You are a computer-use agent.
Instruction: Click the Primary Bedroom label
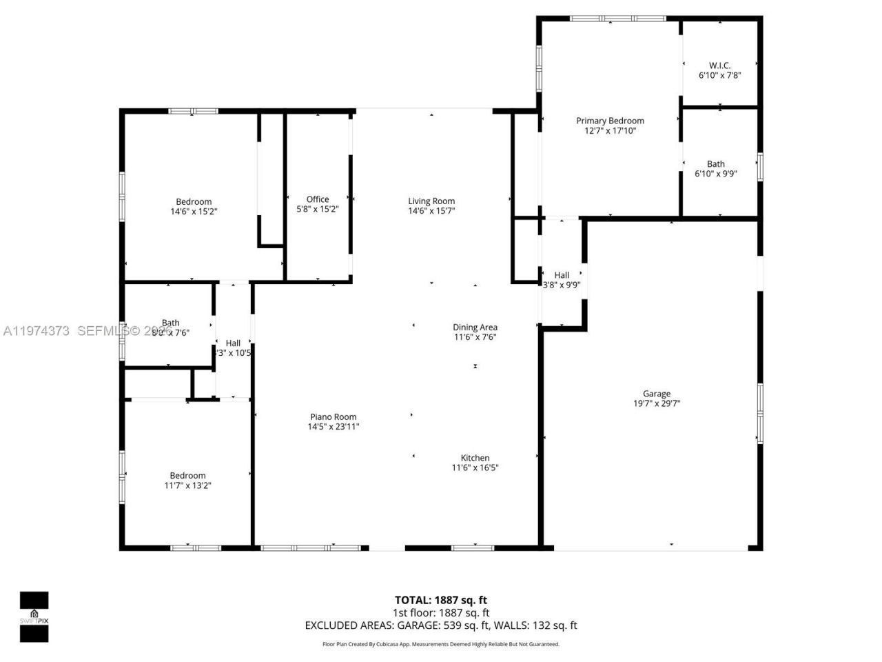610,121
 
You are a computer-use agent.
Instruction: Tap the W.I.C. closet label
719,66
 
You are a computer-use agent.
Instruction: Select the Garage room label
656,394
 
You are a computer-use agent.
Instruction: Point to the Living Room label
431,201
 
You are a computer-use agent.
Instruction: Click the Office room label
318,199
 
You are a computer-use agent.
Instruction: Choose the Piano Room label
334,417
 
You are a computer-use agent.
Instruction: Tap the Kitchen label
475,458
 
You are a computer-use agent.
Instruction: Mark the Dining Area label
475,328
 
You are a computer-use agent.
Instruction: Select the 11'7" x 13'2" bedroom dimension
187,485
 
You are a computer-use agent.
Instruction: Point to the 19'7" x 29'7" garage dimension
657,404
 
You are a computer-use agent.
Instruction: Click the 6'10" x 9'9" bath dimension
716,174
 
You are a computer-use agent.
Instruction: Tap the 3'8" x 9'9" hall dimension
562,285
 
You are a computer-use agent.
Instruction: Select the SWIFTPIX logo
34,616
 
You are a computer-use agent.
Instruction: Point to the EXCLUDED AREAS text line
440,625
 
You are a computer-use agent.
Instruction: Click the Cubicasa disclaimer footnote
440,644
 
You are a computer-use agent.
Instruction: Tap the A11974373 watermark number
36,331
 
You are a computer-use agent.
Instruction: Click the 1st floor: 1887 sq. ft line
440,612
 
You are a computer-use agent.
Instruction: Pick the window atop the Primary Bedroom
617,19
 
